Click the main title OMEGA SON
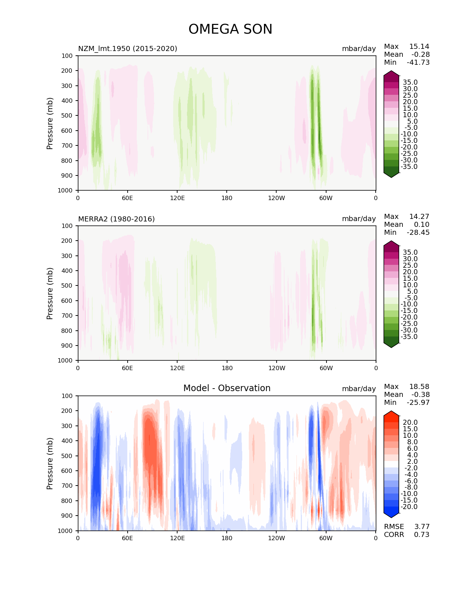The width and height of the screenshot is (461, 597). (x=230, y=29)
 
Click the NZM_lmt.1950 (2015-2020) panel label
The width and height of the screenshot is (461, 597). (x=128, y=48)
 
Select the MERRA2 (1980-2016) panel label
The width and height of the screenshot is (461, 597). (x=116, y=219)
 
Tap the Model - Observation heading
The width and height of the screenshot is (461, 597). (x=227, y=388)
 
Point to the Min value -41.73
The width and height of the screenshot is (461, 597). (x=418, y=62)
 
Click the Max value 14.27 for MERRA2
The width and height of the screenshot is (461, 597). (x=419, y=216)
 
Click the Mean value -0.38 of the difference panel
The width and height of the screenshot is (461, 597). (x=421, y=394)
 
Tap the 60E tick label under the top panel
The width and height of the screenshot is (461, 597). (x=127, y=198)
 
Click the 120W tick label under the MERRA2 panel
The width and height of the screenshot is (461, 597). (x=277, y=368)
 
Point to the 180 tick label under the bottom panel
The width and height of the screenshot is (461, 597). (x=227, y=538)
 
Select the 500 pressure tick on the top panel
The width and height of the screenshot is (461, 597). (x=67, y=116)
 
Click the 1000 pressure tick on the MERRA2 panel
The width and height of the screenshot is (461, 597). (x=65, y=360)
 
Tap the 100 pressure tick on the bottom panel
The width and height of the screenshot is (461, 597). (x=67, y=396)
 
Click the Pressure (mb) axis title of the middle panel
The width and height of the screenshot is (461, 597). (x=50, y=293)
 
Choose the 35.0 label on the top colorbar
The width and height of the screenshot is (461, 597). (x=410, y=82)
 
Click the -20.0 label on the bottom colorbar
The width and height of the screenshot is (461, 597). (x=409, y=507)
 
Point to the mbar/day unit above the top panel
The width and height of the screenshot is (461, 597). (x=359, y=48)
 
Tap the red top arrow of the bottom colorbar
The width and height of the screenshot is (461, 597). (x=391, y=413)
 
